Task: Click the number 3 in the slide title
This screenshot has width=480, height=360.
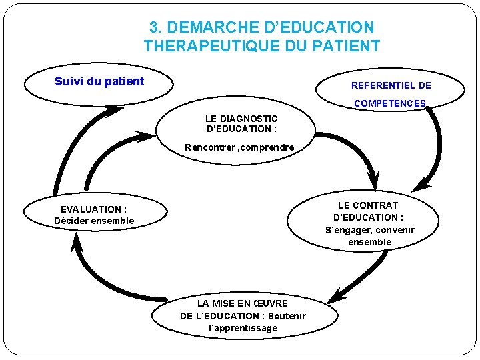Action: pos(154,28)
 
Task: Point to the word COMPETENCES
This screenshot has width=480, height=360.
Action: pos(390,103)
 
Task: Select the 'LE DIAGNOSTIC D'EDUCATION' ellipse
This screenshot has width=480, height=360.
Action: pos(238,133)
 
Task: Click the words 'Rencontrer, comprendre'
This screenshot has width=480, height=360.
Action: pos(239,147)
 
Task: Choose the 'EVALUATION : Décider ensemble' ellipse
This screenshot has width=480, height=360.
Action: pos(93,214)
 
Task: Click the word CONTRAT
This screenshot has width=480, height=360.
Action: pos(377,205)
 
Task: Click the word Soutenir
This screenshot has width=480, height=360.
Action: pos(287,316)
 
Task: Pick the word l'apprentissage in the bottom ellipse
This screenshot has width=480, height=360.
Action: pos(243,328)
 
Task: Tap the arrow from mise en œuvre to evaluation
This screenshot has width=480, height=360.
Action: pos(100,280)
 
